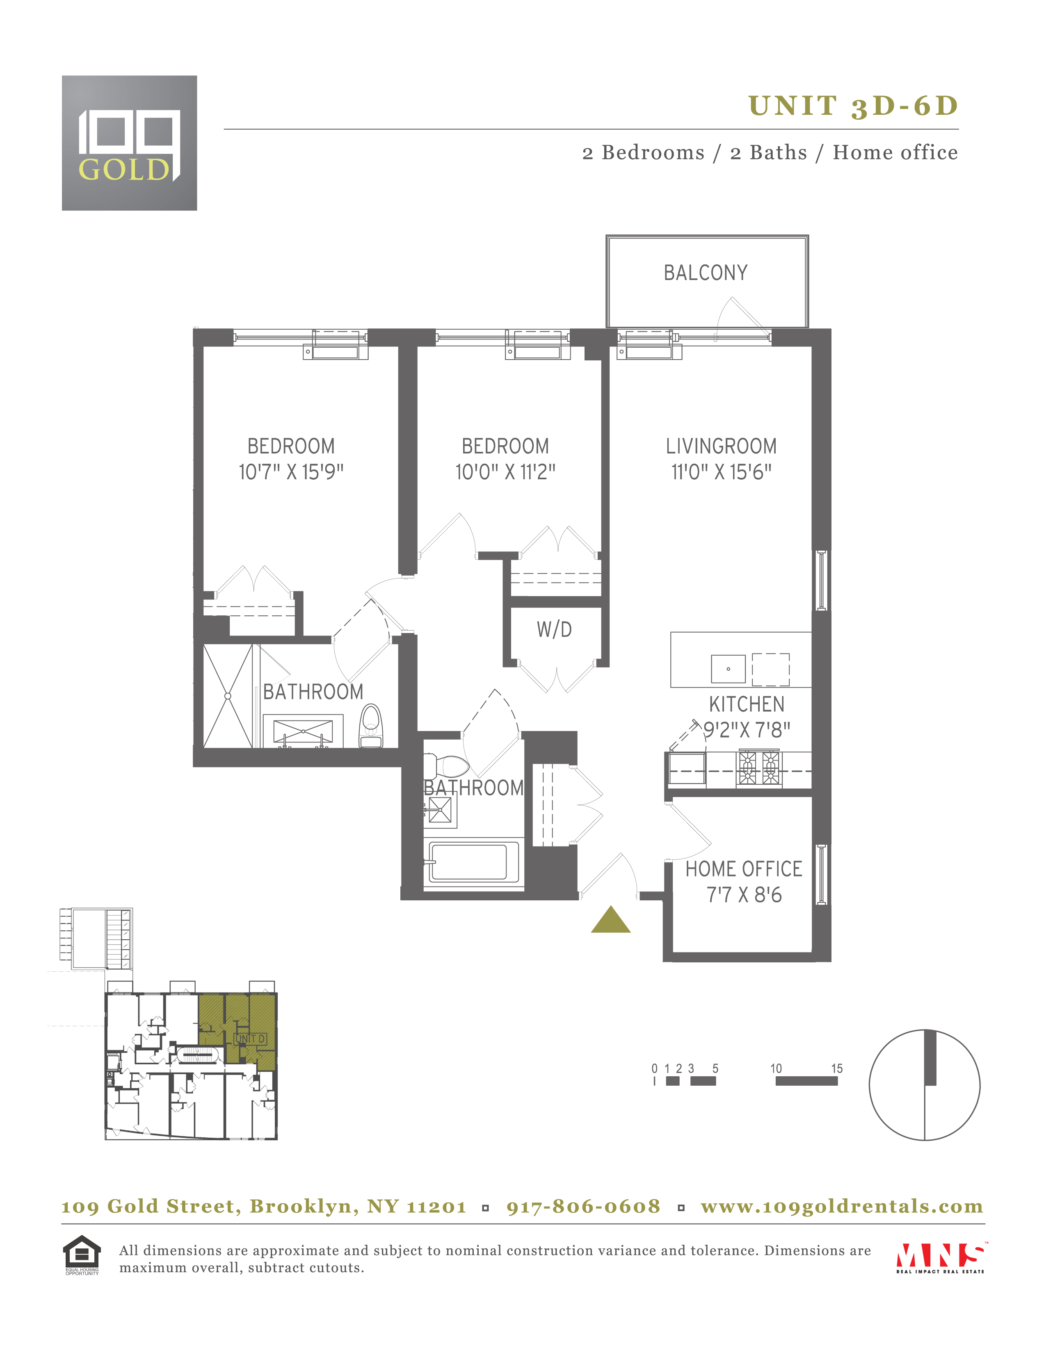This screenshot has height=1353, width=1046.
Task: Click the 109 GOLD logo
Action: click(130, 143)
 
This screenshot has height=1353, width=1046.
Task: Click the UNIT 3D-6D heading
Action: click(853, 106)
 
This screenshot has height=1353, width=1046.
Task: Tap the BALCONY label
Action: click(706, 273)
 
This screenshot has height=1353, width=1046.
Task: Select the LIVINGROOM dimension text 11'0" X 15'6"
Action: click(721, 472)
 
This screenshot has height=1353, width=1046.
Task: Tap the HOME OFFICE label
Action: click(744, 869)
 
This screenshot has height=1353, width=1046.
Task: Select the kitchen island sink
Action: click(728, 669)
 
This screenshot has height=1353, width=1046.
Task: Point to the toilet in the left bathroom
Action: click(371, 725)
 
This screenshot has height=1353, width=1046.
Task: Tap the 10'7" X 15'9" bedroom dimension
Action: click(291, 472)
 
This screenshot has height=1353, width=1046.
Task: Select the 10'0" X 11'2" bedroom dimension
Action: click(505, 472)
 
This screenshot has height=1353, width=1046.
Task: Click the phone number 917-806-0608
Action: click(583, 1206)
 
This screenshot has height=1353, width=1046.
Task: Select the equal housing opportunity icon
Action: click(82, 1255)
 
